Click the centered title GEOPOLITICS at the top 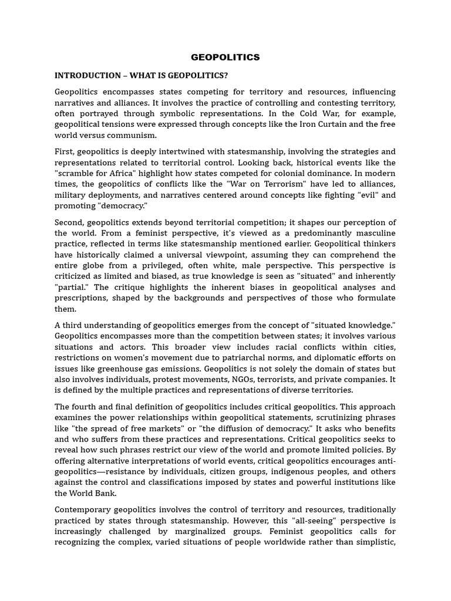point(225,58)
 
